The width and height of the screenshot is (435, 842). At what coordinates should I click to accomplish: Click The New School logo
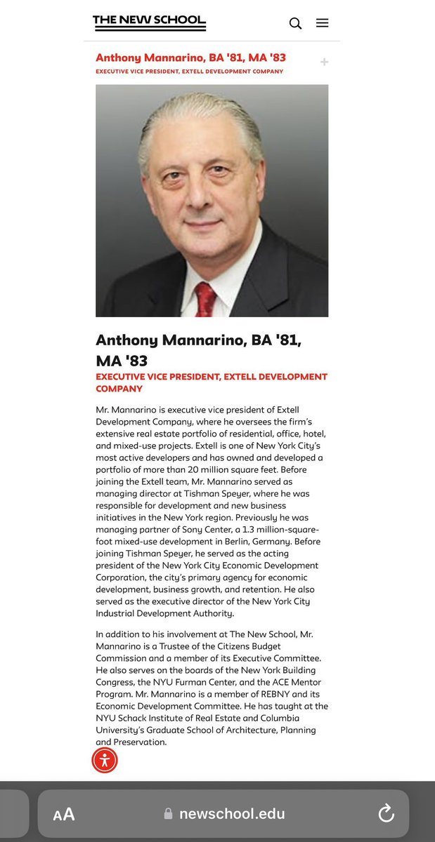pos(149,22)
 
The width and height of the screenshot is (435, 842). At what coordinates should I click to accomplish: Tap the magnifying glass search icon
pos(295,23)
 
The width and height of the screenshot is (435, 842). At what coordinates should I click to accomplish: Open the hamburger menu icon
pos(322,23)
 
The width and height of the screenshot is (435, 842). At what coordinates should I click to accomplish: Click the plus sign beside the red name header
pos(324,62)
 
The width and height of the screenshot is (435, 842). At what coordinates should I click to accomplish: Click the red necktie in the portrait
pos(206,298)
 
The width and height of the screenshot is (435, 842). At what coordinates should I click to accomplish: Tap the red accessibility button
pos(105,760)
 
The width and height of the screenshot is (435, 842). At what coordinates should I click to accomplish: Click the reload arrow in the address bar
pos(386,813)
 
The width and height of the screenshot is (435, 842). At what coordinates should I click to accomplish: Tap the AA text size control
pos(64,814)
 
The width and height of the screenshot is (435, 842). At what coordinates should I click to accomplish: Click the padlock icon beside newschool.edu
pos(168,814)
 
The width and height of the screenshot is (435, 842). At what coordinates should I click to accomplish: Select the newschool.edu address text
pos(232,814)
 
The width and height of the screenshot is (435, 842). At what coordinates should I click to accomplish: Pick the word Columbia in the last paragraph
pos(280,718)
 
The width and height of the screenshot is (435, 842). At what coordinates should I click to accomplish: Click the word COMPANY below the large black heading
pos(119,388)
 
